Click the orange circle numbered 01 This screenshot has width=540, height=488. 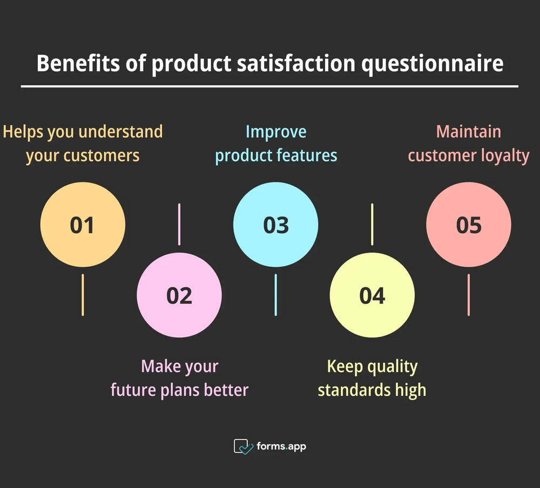[83, 225]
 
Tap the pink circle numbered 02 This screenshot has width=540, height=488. [179, 295]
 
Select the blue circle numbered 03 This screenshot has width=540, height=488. [275, 225]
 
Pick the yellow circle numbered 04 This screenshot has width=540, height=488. [372, 295]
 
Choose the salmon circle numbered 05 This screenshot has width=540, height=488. [469, 225]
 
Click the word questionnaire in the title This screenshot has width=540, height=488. [432, 64]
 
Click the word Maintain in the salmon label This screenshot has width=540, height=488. [469, 132]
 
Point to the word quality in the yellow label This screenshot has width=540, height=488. [392, 367]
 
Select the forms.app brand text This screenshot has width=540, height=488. [281, 446]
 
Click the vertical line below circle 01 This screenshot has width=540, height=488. [83, 295]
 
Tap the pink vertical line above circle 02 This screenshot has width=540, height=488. [179, 225]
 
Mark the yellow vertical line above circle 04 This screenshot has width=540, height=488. [372, 225]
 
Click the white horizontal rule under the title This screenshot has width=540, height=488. [269, 86]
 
